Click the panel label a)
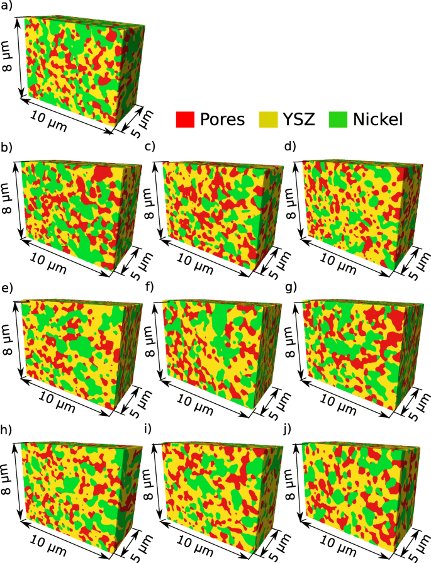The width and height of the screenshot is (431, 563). point(9,8)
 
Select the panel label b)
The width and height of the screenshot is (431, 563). point(9,149)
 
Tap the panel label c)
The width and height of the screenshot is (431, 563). point(150,149)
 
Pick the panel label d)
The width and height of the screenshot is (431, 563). point(290,149)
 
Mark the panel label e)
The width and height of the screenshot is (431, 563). point(9,291)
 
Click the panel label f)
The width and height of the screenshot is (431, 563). point(149,291)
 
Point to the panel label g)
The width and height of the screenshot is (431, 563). point(290,291)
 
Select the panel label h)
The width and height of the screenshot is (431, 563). point(9,433)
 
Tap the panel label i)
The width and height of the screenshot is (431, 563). point(148,433)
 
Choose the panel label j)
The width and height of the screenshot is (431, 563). point(289,433)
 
